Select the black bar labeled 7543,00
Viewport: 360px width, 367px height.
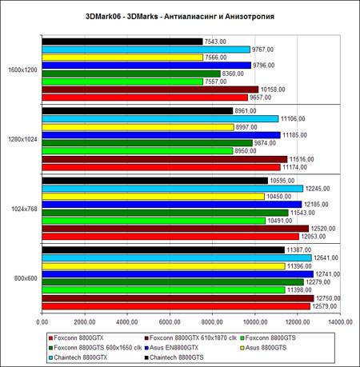pos(122,42)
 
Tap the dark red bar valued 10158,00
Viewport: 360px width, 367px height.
pos(150,90)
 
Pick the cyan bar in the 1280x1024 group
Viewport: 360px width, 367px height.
pos(160,119)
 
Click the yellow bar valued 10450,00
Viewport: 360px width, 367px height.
pos(154,197)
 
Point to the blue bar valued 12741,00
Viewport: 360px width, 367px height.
pos(178,274)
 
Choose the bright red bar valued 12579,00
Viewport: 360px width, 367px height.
pos(176,306)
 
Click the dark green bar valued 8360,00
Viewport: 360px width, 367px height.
pos(131,74)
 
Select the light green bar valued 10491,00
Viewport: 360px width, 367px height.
pos(154,221)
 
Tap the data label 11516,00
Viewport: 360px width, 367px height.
pos(302,159)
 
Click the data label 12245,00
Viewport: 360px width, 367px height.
pos(318,189)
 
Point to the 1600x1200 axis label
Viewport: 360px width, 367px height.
pos(22,70)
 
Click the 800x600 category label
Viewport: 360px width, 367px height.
pos(26,278)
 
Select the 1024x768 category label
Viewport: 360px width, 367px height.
pos(24,209)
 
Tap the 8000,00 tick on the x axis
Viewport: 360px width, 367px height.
pos(212,322)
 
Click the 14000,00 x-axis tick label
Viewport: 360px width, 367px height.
pos(340,322)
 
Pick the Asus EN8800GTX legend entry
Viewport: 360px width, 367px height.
pos(171,348)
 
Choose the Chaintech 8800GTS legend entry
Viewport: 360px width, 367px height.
pos(174,357)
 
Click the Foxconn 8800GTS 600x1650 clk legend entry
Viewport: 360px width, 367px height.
pos(95,348)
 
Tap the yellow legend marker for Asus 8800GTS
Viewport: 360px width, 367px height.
pos(242,348)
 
